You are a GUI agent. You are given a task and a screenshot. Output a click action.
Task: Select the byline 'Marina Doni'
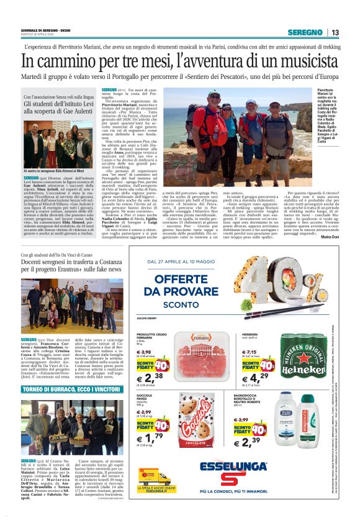(328, 237)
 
